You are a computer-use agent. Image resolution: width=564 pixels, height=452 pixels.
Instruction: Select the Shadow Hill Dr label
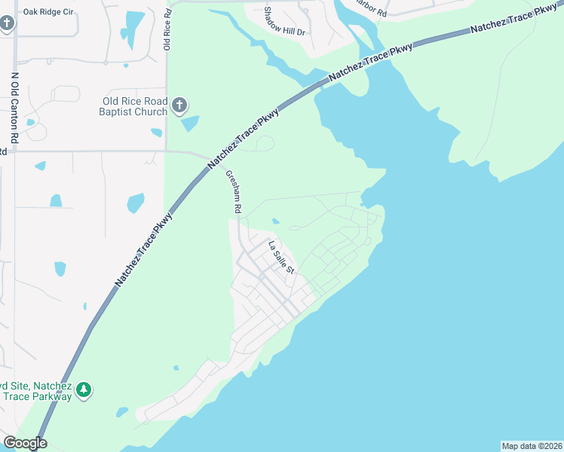284,21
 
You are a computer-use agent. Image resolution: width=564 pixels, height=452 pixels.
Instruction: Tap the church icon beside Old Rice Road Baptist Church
179,105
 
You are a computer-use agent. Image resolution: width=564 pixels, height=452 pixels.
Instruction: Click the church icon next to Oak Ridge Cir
7,23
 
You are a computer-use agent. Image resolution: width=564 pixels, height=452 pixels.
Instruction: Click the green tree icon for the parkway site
85,389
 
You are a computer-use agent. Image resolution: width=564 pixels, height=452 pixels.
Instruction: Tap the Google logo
24,443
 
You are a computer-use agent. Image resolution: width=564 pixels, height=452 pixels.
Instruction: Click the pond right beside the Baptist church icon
190,124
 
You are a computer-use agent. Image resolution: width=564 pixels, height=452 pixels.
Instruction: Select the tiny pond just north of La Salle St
276,221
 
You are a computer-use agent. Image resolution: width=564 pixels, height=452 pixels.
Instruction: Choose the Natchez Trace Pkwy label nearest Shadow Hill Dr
372,61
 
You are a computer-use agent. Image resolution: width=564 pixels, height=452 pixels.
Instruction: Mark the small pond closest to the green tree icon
122,412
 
